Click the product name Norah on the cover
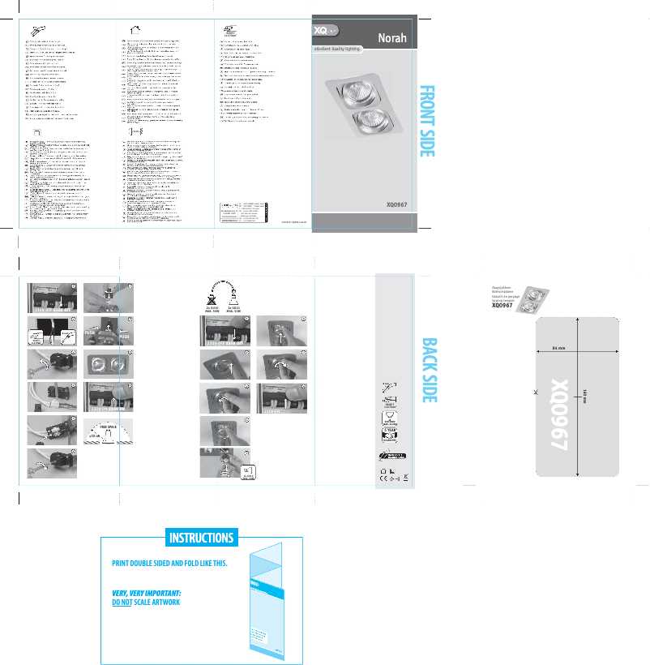[x=391, y=37]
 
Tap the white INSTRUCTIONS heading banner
[x=201, y=538]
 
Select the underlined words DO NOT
[x=122, y=603]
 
